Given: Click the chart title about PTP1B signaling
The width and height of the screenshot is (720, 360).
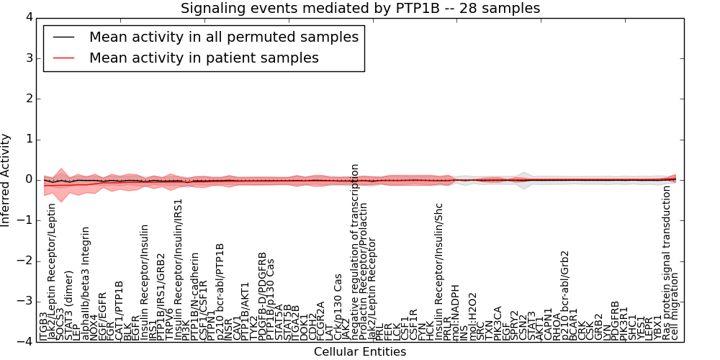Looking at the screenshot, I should click(360, 8).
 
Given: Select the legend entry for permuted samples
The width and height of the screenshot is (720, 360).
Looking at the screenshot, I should click(223, 37).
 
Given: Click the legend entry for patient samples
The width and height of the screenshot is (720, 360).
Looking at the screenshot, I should click(204, 58).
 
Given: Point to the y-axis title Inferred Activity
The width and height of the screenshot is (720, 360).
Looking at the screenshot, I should click(6, 179).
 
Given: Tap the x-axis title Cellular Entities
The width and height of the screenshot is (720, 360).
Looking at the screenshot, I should click(359, 352).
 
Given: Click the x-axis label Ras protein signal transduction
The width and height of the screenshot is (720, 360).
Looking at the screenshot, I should click(667, 262).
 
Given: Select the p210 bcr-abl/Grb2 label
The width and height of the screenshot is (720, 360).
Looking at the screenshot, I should click(565, 295).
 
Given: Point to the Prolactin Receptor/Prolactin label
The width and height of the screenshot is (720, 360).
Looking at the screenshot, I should click(364, 271).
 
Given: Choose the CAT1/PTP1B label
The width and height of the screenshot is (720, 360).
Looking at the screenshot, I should click(120, 310).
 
